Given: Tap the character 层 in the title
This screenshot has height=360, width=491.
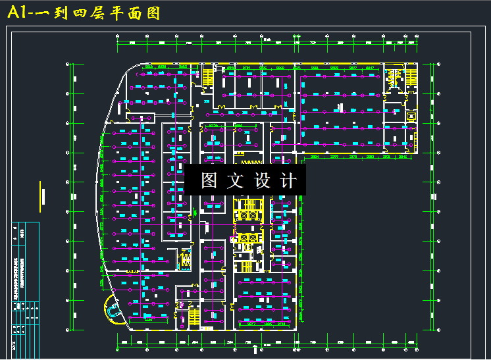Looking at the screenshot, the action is [x=106, y=14].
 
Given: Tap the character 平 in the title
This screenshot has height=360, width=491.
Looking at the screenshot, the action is [x=124, y=14].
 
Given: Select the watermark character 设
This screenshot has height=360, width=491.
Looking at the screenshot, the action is [x=262, y=181].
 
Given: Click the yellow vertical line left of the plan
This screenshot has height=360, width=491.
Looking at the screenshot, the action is [x=40, y=194].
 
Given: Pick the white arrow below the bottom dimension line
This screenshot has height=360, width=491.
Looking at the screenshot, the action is [x=255, y=349].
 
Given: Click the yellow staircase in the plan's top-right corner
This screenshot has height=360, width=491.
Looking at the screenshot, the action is [x=394, y=78].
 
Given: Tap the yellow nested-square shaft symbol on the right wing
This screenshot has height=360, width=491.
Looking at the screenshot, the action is [x=411, y=116].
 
